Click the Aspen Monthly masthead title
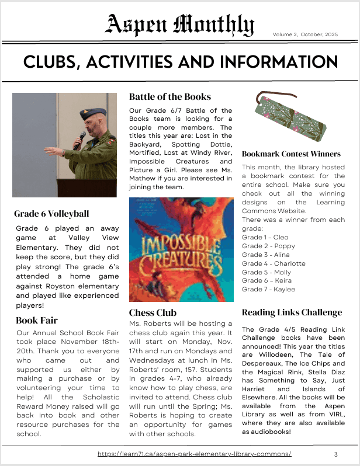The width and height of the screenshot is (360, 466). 179,25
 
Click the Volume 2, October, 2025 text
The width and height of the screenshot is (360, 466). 306,34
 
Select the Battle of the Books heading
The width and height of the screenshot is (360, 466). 170,97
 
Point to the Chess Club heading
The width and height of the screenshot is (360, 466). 153,312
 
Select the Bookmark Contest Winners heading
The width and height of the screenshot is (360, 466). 291,154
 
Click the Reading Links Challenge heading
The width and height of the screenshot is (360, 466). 292,312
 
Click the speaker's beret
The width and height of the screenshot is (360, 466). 93,112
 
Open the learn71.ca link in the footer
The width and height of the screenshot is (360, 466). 194,454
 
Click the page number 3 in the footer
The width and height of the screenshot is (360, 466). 336,454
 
